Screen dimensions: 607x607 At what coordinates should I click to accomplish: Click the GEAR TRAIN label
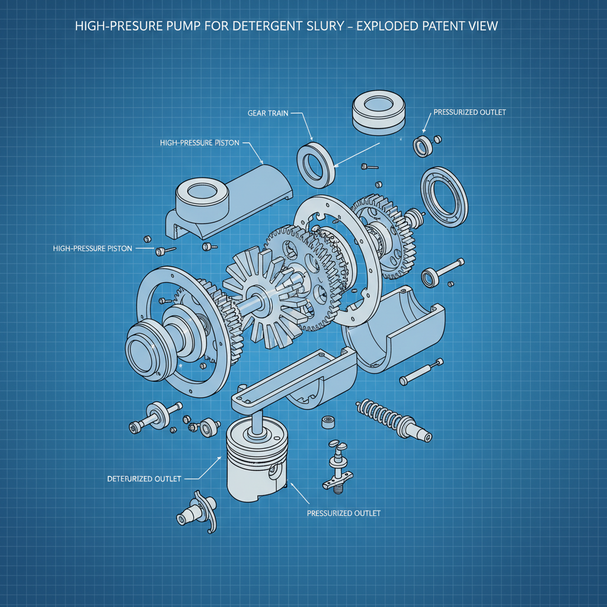268,113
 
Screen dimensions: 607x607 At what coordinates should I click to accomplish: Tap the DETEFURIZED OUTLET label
144,478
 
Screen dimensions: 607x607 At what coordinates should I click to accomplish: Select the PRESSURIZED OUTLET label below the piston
344,513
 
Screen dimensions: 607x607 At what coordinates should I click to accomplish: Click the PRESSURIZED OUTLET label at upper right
469,112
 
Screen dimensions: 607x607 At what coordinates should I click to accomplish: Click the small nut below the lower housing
327,422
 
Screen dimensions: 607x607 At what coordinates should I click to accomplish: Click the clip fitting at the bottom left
199,510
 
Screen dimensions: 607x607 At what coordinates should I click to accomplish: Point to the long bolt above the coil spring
421,370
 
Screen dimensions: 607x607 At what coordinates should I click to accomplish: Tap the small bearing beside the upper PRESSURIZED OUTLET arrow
423,145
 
